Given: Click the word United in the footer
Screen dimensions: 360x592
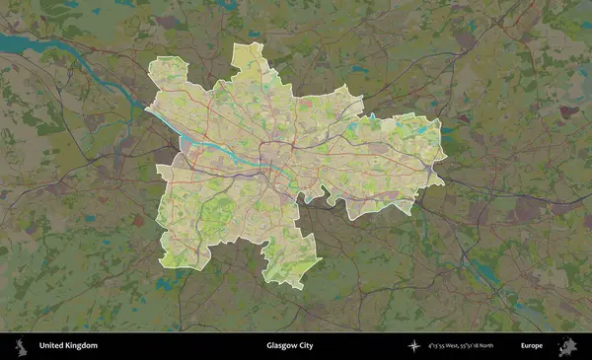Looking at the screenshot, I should pyautogui.click(x=49, y=346).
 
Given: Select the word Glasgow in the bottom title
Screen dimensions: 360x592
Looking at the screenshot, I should pyautogui.click(x=280, y=346).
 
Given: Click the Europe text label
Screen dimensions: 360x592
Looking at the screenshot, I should pyautogui.click(x=532, y=346).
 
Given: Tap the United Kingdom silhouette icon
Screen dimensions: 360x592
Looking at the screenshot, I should pyautogui.click(x=19, y=346).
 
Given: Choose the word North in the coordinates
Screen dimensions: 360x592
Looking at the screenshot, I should pyautogui.click(x=510, y=346).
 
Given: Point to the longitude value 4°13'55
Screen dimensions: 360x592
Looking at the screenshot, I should pyautogui.click(x=439, y=346).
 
